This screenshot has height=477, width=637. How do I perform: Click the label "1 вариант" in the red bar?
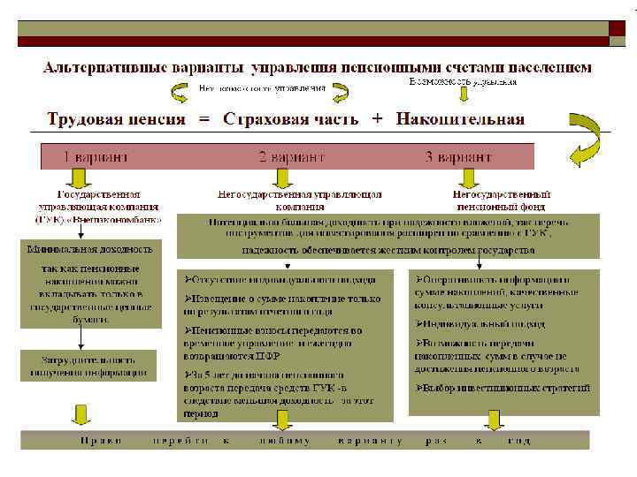pos(95,156)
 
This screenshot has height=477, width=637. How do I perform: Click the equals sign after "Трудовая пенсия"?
pos(204,118)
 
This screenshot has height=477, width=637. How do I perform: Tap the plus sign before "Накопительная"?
pos(378,118)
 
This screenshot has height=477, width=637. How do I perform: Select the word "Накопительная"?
pos(460,118)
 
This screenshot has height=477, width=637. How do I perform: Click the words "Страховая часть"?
pos(291,118)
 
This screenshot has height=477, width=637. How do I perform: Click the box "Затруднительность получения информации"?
pos(88,366)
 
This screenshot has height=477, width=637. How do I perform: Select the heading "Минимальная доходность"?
pos(88,249)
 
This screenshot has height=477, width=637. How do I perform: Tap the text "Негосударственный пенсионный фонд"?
pos(501,200)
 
